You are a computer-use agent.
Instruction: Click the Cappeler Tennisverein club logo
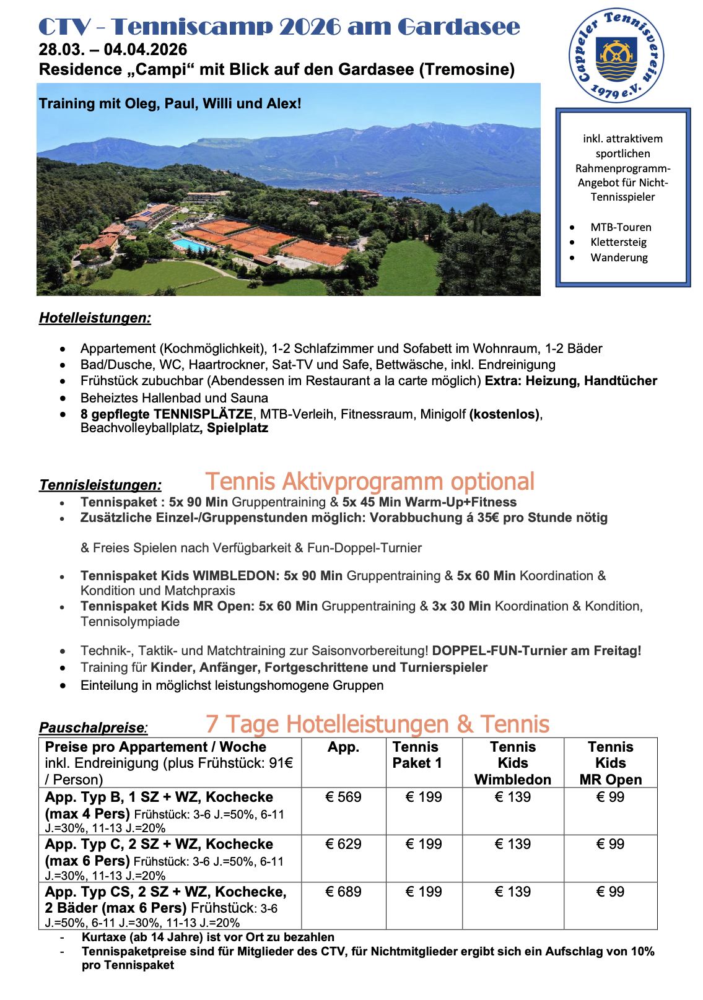616,55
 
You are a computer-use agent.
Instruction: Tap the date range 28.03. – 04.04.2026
113,50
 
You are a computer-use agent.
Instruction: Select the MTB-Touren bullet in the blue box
621,227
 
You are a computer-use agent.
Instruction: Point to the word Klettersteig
618,242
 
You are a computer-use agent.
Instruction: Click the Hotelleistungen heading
95,318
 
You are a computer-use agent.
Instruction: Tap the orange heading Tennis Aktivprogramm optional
370,482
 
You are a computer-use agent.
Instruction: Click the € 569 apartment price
343,797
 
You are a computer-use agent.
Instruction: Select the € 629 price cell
343,844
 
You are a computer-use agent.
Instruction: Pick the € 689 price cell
343,892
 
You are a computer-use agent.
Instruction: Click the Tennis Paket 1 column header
417,755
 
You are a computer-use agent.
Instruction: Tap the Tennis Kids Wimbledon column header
513,763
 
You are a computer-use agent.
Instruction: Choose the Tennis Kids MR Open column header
611,763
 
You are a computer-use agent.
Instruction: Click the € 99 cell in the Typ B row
610,797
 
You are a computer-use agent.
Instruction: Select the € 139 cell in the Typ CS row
513,892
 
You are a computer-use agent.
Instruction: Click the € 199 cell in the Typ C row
424,844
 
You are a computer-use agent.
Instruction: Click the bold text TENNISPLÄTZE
203,414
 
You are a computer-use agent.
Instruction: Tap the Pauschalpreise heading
94,728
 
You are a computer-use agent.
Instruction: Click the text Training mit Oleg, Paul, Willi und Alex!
170,103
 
